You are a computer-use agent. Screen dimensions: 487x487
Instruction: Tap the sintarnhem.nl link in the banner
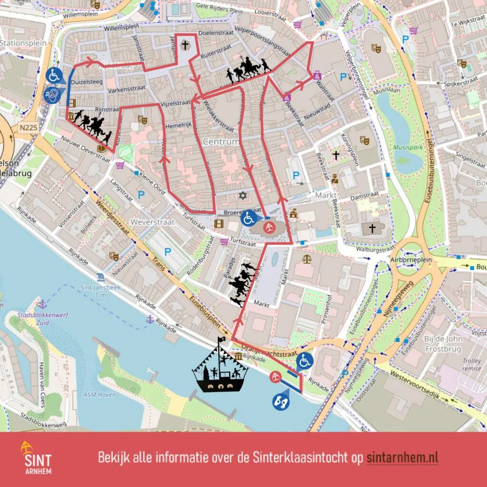(x=402, y=458)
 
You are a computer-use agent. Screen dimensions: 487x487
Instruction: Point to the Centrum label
(x=221, y=142)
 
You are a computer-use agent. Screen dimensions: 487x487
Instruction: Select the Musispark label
(x=408, y=147)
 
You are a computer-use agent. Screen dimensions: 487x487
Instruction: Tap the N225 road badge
(x=29, y=127)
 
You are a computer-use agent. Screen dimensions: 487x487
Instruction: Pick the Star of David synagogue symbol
(x=243, y=195)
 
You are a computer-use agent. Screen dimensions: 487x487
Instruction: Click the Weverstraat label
(x=146, y=222)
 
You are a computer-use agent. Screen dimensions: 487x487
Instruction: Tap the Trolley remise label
(x=472, y=364)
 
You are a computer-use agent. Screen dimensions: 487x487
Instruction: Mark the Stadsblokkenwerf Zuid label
(x=33, y=319)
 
